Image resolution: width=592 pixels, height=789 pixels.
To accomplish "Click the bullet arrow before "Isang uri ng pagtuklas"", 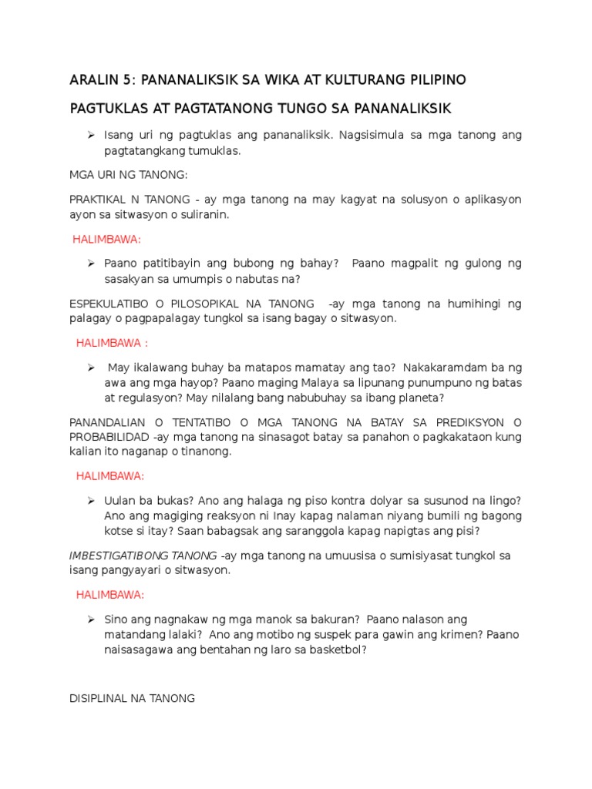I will pyautogui.click(x=90, y=135).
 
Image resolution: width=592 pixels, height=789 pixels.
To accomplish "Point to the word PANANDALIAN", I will pyautogui.click(x=106, y=422).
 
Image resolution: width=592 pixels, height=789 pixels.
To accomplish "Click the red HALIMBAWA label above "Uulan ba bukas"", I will pyautogui.click(x=110, y=476).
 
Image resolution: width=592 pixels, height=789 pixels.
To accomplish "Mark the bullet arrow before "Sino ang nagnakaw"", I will pyautogui.click(x=90, y=619).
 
